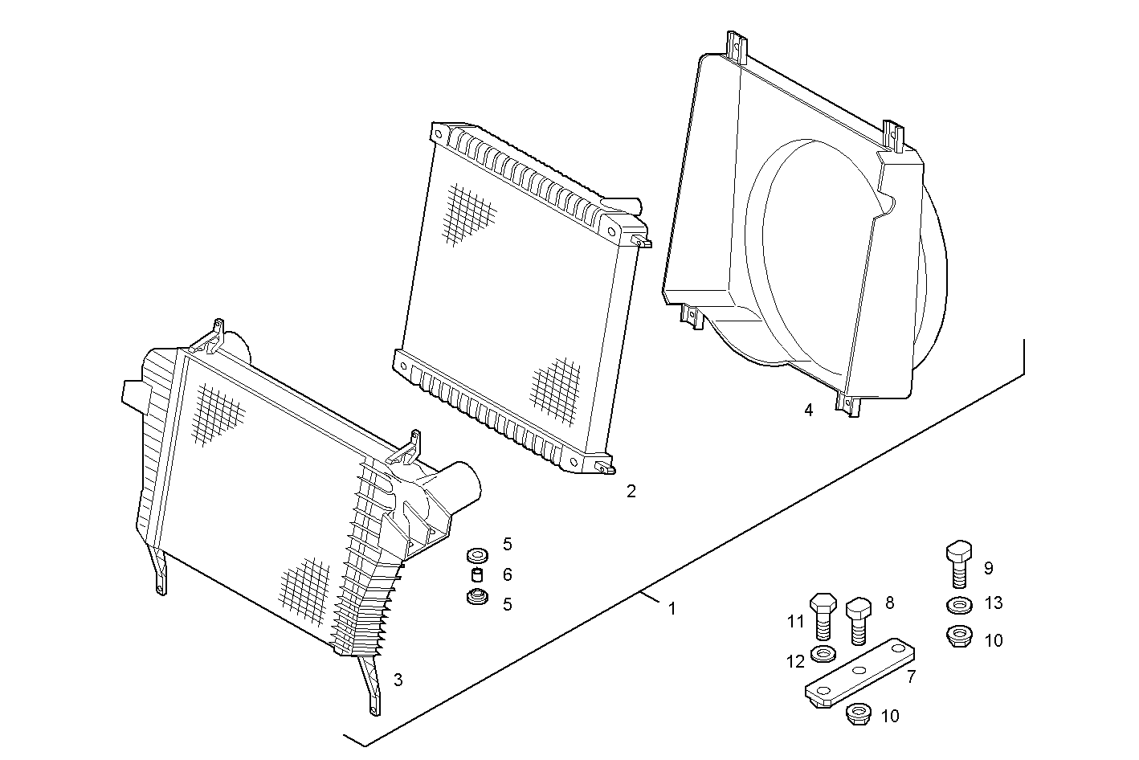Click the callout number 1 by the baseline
point(672,609)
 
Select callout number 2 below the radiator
point(631,491)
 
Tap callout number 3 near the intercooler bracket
point(398,680)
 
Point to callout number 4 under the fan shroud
point(809,411)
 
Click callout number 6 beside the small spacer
point(508,575)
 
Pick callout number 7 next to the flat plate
point(911,677)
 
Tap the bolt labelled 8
point(858,619)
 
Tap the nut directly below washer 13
point(957,636)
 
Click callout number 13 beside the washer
point(994,603)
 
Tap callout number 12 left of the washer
point(795,662)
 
